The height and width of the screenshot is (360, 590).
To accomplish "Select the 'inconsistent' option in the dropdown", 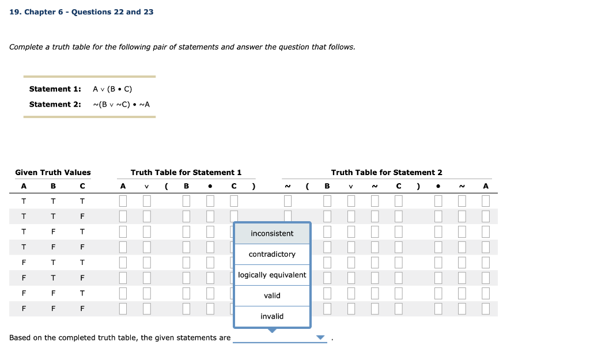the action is pyautogui.click(x=272, y=233).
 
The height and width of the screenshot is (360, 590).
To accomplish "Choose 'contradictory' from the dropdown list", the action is pyautogui.click(x=272, y=254).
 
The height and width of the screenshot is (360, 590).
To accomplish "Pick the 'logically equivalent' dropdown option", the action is pyautogui.click(x=272, y=275).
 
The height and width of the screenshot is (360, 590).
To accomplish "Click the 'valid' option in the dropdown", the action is pyautogui.click(x=272, y=295).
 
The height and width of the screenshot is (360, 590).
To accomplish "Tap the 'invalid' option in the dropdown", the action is pyautogui.click(x=272, y=316).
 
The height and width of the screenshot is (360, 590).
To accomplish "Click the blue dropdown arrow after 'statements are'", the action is pyautogui.click(x=321, y=338).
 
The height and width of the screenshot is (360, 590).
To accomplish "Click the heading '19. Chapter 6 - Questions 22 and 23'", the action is pyautogui.click(x=82, y=12).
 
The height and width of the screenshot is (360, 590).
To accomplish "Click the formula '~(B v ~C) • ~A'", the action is pyautogui.click(x=121, y=104).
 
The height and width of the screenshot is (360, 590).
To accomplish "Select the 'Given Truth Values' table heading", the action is pyautogui.click(x=53, y=172).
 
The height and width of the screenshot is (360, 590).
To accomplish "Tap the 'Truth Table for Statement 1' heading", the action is pyautogui.click(x=186, y=172).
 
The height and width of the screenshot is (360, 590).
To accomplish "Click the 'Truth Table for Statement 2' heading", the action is pyautogui.click(x=387, y=172).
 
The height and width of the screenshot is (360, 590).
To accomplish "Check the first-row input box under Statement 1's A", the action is pyautogui.click(x=123, y=201).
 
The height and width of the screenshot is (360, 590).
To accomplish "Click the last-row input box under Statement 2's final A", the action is pyautogui.click(x=485, y=308).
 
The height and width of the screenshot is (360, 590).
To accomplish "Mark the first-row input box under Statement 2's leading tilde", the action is pyautogui.click(x=288, y=201).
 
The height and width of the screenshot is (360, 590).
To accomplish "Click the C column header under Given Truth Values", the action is pyautogui.click(x=82, y=186).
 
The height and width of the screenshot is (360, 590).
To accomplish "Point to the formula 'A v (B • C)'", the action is pyautogui.click(x=112, y=89).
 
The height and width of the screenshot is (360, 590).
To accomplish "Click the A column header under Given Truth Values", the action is pyautogui.click(x=24, y=186).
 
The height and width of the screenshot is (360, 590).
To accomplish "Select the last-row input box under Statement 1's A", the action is pyautogui.click(x=123, y=308).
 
